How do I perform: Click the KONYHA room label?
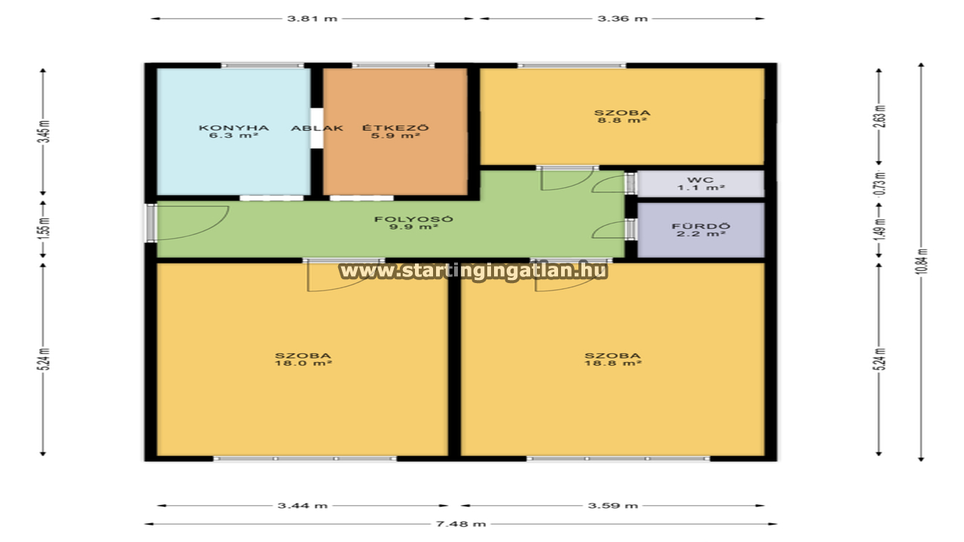point(233,128)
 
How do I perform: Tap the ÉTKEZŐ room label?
point(395,128)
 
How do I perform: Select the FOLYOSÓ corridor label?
point(413,219)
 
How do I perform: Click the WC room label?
point(700,180)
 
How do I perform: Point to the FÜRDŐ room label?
point(701,227)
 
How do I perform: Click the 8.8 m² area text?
point(622,120)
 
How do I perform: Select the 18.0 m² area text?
point(304,363)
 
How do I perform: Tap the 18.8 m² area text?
point(613,363)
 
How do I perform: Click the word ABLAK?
point(317,128)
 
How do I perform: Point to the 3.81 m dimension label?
point(313,19)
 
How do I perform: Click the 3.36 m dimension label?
point(622,19)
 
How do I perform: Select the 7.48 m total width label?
point(461,524)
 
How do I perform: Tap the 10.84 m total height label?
point(922,261)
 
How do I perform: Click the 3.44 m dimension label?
point(303,505)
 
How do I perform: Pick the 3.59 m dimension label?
point(613,505)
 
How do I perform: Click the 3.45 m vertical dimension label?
point(45,132)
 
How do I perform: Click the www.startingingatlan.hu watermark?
point(474,271)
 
